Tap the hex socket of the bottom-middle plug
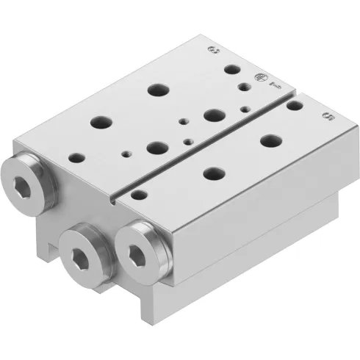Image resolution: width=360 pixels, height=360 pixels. [83, 253]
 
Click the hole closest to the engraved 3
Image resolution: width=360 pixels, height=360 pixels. [233, 71]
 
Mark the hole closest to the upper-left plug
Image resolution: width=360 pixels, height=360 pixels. [76, 156]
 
